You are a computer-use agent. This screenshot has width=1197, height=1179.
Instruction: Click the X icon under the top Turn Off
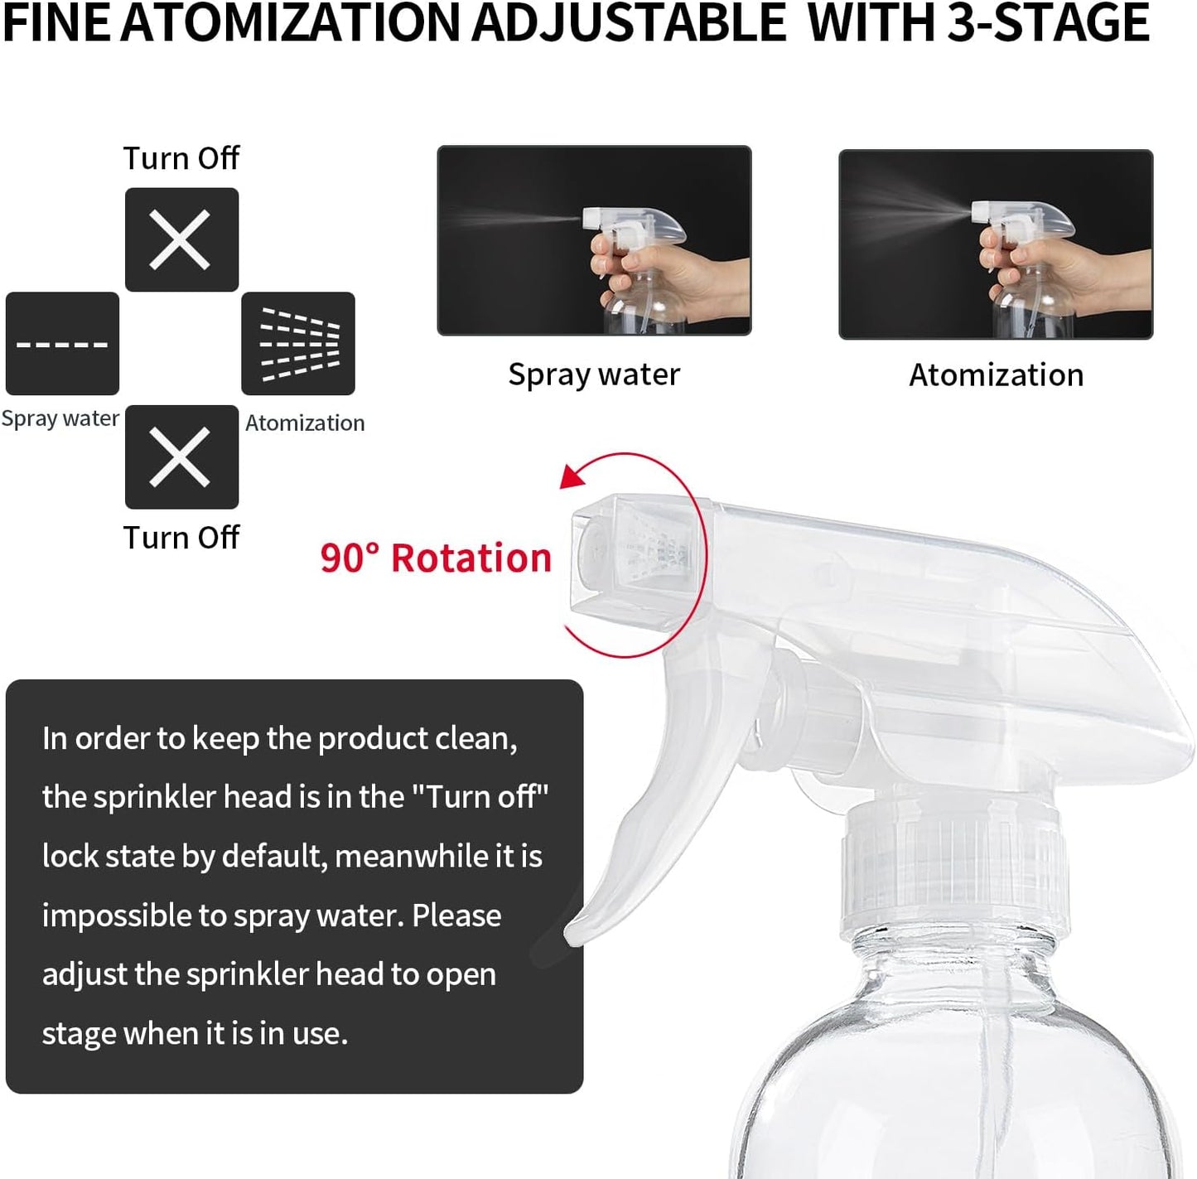[181, 239]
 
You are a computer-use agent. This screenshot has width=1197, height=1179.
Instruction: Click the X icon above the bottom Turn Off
[181, 457]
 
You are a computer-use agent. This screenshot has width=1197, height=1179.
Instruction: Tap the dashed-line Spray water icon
[62, 343]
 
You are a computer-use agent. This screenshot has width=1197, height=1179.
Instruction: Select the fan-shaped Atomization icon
[298, 343]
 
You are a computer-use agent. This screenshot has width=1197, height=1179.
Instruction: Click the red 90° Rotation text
[436, 558]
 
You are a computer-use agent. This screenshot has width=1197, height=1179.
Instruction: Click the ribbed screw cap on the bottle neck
[953, 870]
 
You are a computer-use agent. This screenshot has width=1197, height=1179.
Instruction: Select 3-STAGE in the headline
[1048, 23]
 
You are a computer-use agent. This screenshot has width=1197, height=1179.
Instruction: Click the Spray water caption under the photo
[594, 374]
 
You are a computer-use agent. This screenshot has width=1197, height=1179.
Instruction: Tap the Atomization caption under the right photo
[996, 375]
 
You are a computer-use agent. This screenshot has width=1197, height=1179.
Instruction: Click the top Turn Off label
[181, 157]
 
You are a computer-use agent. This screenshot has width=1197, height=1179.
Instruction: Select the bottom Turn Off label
[181, 538]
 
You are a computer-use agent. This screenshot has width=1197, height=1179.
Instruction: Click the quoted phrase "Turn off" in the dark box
[480, 797]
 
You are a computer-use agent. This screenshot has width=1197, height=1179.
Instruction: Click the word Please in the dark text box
[456, 916]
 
